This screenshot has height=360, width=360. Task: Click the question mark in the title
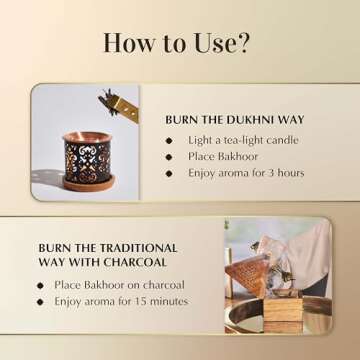click(x=241, y=43)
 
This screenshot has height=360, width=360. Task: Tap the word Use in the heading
click(x=212, y=43)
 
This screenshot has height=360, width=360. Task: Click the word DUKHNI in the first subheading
click(x=248, y=120)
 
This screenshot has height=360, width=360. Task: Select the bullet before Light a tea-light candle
click(x=169, y=141)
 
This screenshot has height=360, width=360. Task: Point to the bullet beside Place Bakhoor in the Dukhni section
click(x=169, y=157)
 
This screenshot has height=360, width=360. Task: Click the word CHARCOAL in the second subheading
click(x=135, y=262)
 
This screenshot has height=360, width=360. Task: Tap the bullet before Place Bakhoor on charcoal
click(x=40, y=286)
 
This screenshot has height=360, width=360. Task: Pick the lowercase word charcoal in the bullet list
click(x=164, y=285)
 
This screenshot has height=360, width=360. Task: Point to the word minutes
click(x=169, y=301)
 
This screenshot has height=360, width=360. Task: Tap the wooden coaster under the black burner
click(x=89, y=184)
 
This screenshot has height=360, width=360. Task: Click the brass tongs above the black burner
click(x=119, y=105)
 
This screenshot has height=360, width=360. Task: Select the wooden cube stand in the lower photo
click(x=283, y=311)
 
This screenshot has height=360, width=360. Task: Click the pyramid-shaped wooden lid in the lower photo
click(x=248, y=272)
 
